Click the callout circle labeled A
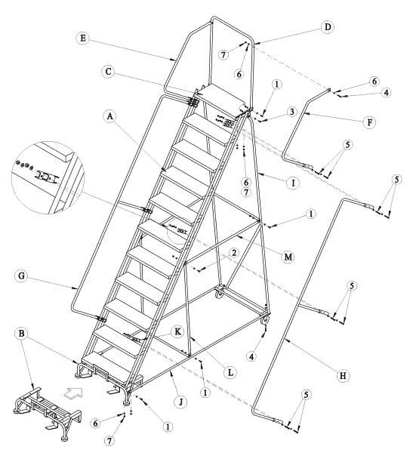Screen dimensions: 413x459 tap(110, 116)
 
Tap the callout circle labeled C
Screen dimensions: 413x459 tap(109, 72)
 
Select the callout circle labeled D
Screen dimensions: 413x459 tap(328, 27)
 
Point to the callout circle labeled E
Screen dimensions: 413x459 tap(83, 39)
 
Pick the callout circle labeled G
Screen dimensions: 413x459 tap(21, 276)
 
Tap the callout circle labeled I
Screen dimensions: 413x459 tap(293, 183)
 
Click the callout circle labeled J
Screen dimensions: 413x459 tap(181, 402)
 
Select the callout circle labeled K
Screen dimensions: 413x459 tap(177, 332)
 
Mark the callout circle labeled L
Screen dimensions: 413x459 tap(230, 372)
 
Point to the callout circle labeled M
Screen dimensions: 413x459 tap(288, 257)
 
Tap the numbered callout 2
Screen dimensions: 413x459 tap(233, 253)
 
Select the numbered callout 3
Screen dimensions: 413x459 tap(291, 112)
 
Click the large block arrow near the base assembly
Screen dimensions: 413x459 tap(73, 393)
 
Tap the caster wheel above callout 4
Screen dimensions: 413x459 tap(265, 320)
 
